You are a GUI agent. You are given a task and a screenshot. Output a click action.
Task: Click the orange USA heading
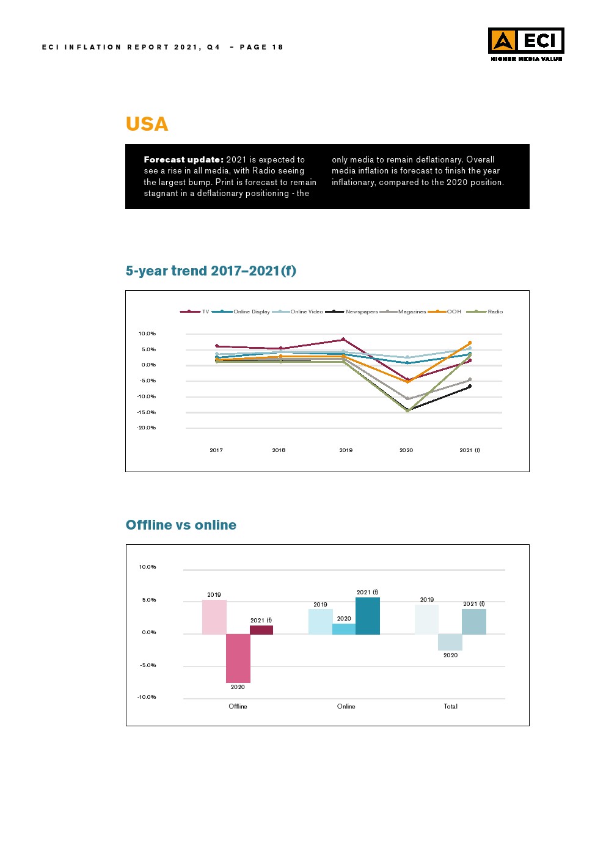[147, 124]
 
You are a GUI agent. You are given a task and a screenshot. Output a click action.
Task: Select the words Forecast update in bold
[183, 159]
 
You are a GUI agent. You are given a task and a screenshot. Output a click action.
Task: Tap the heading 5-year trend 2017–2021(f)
[211, 271]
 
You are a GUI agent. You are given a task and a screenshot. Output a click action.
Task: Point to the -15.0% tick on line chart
[147, 412]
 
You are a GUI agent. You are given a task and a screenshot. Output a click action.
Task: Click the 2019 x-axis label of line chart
[346, 450]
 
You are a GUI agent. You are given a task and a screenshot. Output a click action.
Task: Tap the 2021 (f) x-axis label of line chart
[470, 450]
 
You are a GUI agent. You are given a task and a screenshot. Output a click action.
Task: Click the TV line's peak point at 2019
[343, 340]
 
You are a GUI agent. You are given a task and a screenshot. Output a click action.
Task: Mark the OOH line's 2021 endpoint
[470, 343]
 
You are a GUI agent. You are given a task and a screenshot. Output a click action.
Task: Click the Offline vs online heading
[181, 525]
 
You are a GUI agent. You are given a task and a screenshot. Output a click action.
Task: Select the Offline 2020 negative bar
[238, 658]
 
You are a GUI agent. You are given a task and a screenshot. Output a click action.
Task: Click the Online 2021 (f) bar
[368, 616]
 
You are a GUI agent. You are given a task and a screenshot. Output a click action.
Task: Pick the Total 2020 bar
[450, 642]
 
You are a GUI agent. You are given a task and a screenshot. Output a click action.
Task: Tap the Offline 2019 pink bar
[214, 617]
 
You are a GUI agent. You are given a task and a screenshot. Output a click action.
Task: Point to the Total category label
[450, 706]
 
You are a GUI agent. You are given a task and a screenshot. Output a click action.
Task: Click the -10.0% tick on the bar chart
[147, 697]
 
